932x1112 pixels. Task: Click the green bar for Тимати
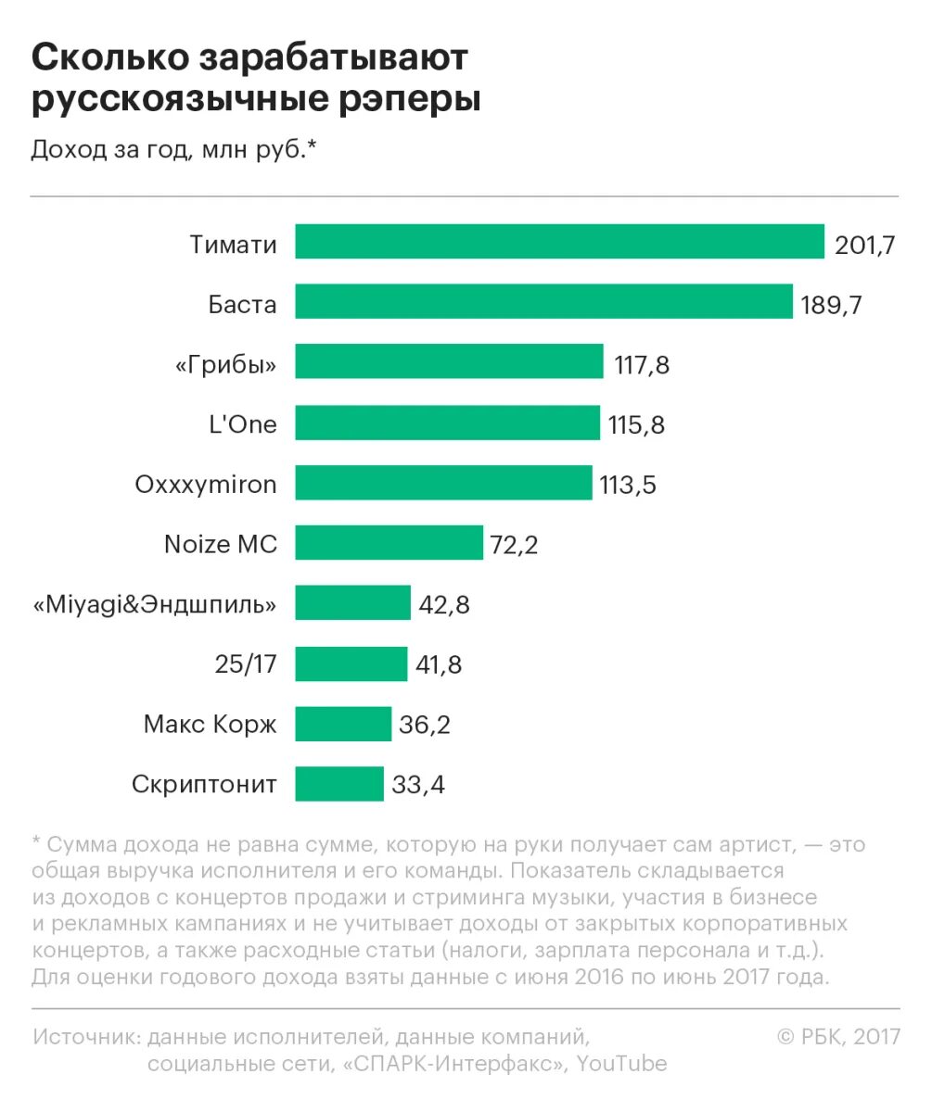click(x=559, y=242)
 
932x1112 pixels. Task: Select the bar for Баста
click(x=543, y=302)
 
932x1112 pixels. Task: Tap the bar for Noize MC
click(x=389, y=543)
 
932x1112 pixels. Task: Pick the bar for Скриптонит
click(x=339, y=784)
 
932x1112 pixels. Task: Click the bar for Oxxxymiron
click(x=443, y=483)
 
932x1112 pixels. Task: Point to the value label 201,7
click(x=864, y=246)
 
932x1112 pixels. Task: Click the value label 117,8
click(x=642, y=365)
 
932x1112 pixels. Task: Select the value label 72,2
click(x=515, y=545)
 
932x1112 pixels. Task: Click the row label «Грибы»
click(x=225, y=364)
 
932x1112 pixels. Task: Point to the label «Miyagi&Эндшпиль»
click(x=155, y=605)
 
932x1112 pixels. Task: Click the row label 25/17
click(x=245, y=664)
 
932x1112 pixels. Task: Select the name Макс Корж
click(x=210, y=724)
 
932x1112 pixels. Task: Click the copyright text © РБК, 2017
click(x=838, y=1036)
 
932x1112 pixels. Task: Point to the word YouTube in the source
click(x=621, y=1063)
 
